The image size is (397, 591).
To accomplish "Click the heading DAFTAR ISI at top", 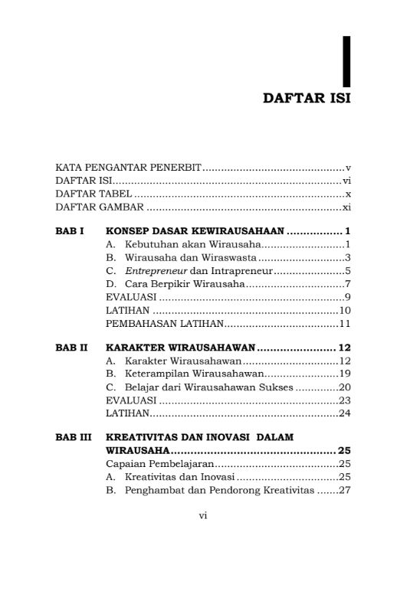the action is click(x=307, y=98).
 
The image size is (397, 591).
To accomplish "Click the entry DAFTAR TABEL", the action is click(x=89, y=194).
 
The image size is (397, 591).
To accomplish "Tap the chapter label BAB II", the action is click(x=72, y=347).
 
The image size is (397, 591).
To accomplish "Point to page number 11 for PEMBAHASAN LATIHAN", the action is click(x=345, y=323).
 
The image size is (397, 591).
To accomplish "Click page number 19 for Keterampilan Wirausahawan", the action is click(x=345, y=374).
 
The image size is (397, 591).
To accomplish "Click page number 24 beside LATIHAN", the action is click(x=345, y=413).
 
